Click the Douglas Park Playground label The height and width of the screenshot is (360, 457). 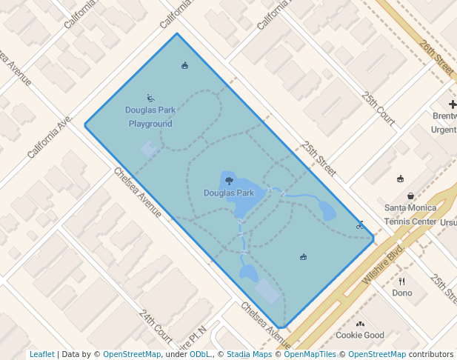click(x=150, y=117)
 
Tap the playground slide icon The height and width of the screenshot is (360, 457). click(x=150, y=98)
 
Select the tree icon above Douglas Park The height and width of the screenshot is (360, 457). click(x=229, y=180)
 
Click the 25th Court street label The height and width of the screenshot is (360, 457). click(x=378, y=107)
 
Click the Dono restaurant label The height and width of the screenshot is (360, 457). click(x=402, y=293)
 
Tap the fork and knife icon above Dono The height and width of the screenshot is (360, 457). click(x=402, y=281)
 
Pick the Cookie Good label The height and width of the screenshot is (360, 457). click(x=360, y=336)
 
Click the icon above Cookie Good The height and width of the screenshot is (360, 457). click(x=360, y=324)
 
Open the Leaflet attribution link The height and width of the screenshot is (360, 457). click(x=41, y=354)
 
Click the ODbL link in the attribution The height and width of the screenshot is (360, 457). click(x=200, y=354)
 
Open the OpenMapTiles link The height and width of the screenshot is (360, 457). click(x=310, y=354)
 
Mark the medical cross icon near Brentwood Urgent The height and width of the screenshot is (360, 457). click(x=453, y=105)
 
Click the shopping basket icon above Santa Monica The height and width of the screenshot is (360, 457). click(x=410, y=196)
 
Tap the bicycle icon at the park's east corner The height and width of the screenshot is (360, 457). click(x=360, y=224)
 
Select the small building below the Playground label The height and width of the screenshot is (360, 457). click(x=150, y=149)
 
